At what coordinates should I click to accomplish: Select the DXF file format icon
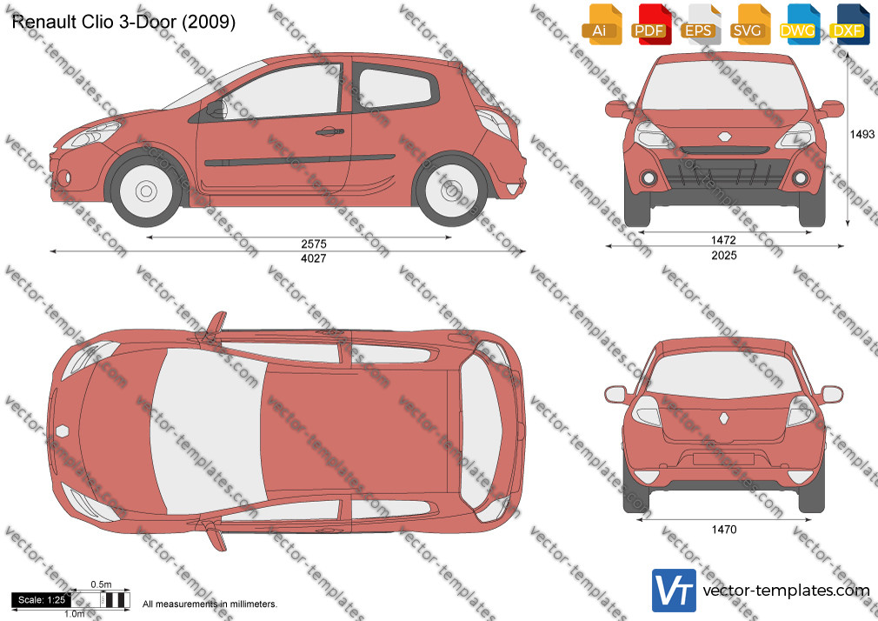point(849,24)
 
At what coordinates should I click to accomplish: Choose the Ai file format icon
point(602,24)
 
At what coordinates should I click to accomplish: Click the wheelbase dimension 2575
point(314,244)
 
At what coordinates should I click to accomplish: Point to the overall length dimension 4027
point(314,258)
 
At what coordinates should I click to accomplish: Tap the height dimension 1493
point(862,134)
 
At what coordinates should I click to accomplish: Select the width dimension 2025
point(724,256)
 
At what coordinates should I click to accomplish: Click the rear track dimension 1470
point(724,529)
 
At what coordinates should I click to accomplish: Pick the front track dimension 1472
point(723,240)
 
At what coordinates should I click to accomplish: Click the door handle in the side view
point(329,132)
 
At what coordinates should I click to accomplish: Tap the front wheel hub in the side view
point(146,190)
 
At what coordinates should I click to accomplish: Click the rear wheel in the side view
point(451,190)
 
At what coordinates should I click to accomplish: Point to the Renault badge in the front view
point(725,137)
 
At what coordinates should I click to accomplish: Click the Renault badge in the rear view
point(725,419)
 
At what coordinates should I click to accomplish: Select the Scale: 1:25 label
point(42,600)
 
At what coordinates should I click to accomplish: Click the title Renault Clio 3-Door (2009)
point(123,22)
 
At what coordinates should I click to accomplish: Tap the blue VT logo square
point(675,591)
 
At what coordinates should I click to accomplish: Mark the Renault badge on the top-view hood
point(62,431)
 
